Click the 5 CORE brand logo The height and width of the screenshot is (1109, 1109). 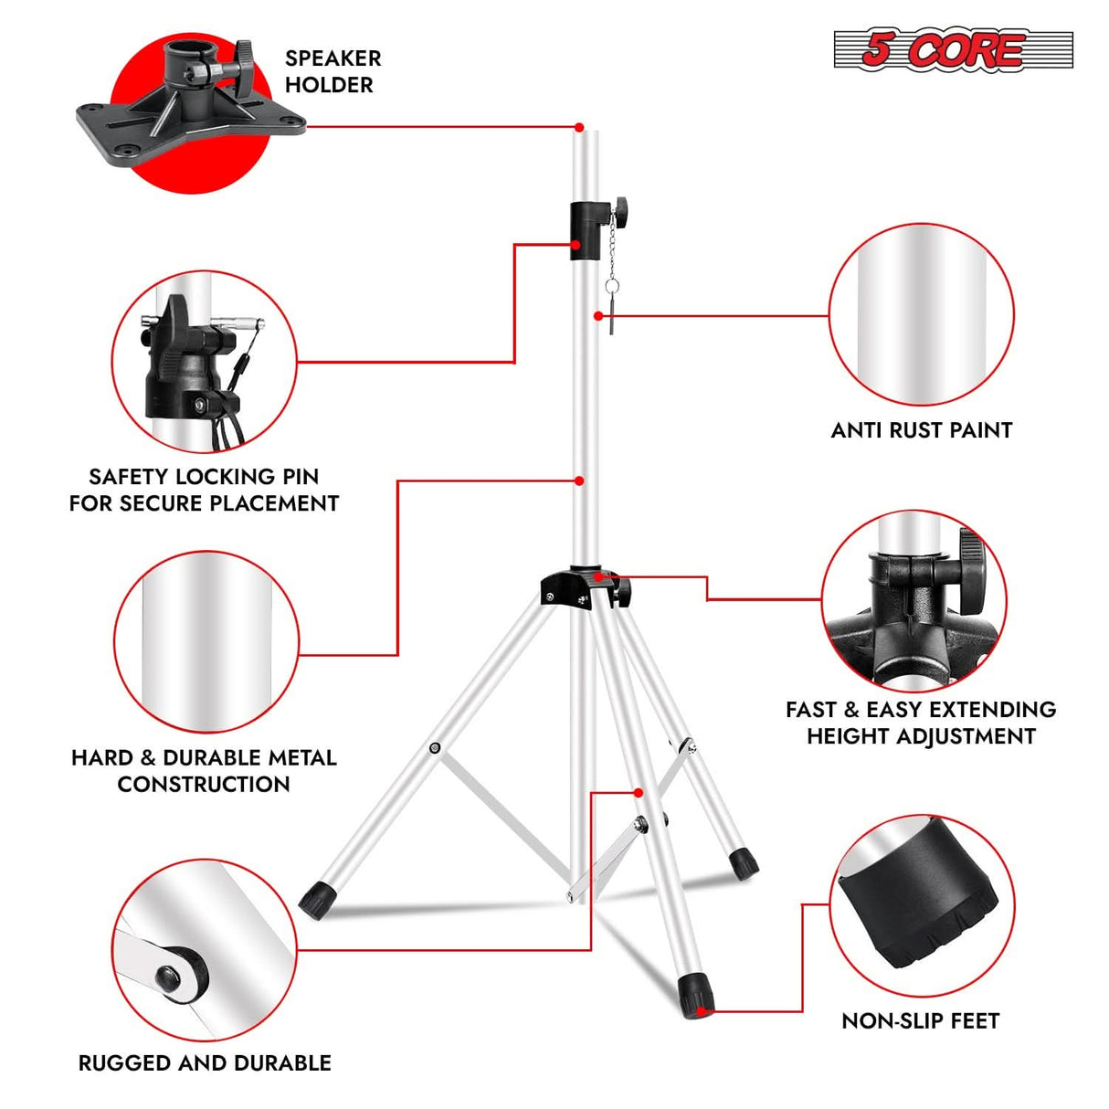coord(952,49)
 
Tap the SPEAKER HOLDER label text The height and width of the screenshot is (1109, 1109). coord(332,71)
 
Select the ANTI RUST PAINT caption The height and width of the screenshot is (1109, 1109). coord(921,430)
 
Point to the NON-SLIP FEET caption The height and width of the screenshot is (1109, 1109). coord(920,1020)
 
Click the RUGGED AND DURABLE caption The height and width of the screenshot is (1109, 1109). coord(205,1062)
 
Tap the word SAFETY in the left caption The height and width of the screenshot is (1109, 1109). coord(129,477)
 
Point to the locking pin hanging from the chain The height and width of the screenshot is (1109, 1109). coord(610,308)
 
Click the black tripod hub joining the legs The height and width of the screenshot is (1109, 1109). coord(578,588)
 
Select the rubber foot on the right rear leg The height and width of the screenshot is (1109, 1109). coord(743,861)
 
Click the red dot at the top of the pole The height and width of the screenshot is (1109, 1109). coord(579,127)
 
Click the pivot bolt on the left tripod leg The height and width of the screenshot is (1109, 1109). coord(435,749)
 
